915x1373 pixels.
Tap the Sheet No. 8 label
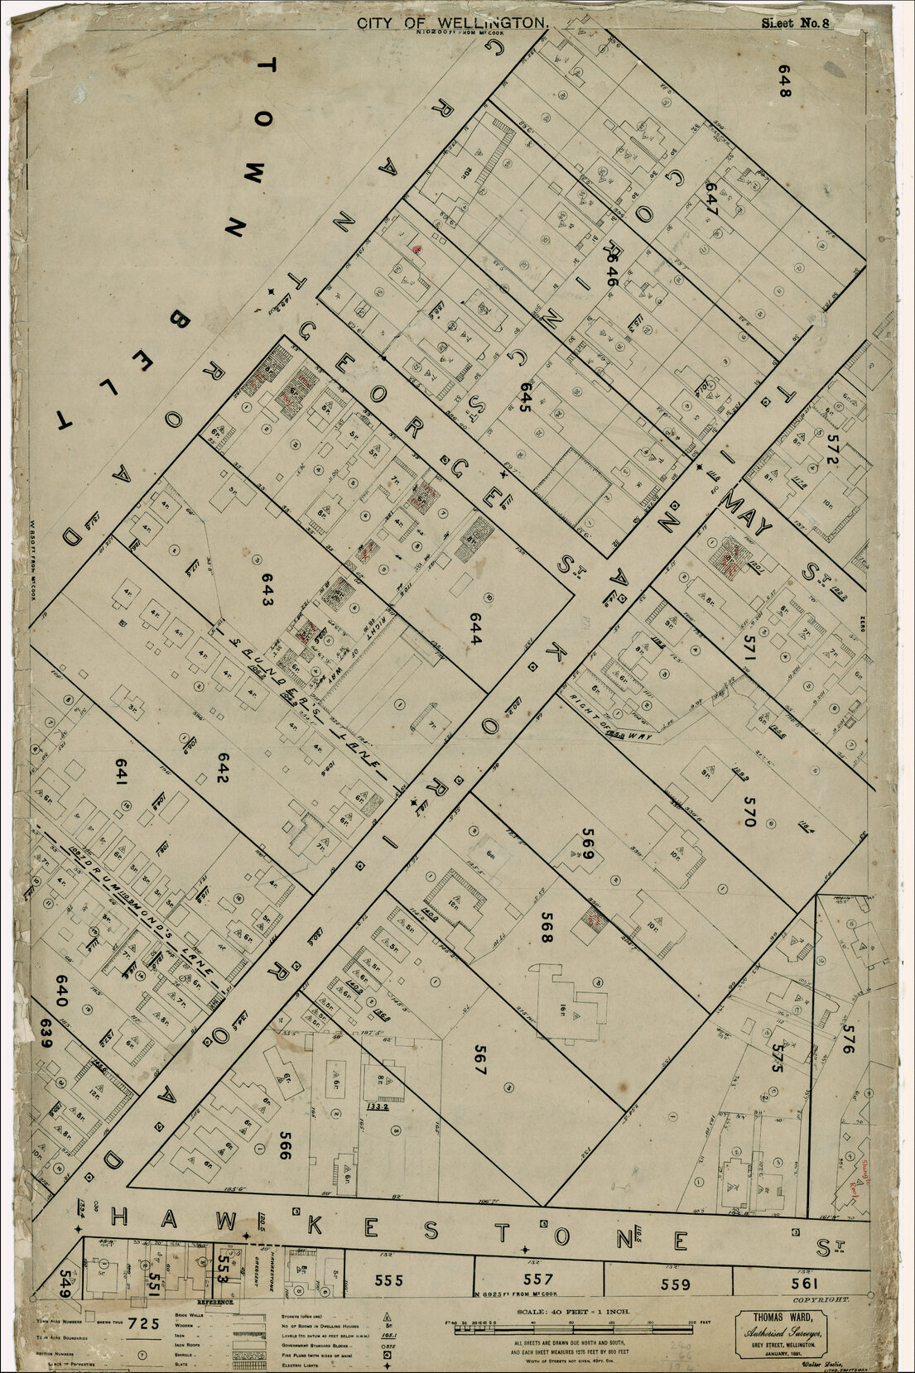tap(794, 22)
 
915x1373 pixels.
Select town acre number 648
tap(784, 81)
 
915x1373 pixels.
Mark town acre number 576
tap(846, 1039)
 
